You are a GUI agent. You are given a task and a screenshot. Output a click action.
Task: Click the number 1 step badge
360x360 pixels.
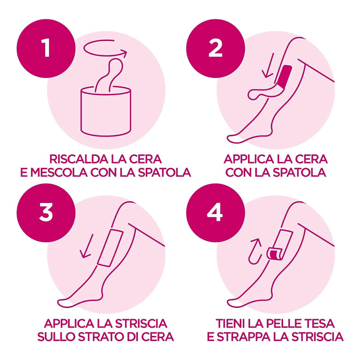tap(46, 49)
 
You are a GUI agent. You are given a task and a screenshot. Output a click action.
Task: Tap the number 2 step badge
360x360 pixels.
tap(216, 49)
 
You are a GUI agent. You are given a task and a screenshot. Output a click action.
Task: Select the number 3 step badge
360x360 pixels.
tap(46, 212)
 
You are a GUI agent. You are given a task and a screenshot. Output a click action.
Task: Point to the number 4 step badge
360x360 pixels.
tap(216, 212)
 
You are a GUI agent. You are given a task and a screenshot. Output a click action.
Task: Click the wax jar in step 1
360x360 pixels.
tap(106, 111)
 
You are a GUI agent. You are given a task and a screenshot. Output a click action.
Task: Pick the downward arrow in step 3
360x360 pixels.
tap(87, 246)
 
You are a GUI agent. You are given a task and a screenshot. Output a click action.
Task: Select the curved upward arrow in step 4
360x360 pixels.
tap(255, 251)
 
